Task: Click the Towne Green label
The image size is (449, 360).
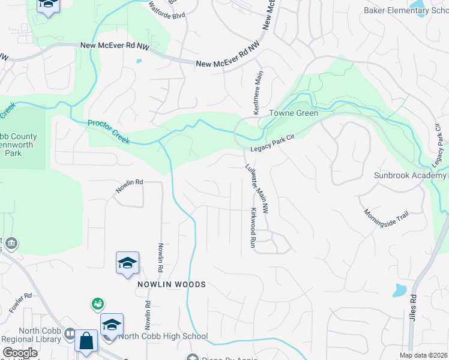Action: (293, 113)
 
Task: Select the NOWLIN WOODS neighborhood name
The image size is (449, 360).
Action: (172, 284)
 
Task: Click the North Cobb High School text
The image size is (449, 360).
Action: (163, 337)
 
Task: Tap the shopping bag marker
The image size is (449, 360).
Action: (86, 341)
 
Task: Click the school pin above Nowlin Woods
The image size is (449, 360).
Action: (127, 263)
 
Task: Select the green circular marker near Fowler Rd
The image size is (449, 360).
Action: (97, 304)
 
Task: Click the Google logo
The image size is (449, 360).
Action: (19, 353)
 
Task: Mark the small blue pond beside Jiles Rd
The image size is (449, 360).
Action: (399, 291)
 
